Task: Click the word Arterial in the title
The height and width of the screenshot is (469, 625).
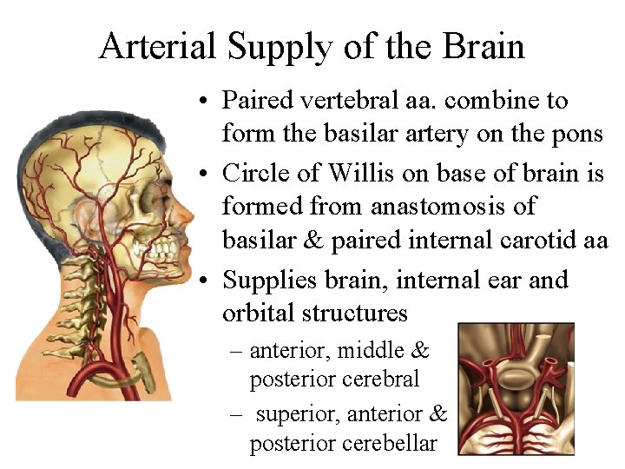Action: pos(156,45)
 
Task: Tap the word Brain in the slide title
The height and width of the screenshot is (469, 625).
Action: pos(484,45)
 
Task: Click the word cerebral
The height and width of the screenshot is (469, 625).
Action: pos(380,380)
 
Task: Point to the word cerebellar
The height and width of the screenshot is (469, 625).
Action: pos(387,444)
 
